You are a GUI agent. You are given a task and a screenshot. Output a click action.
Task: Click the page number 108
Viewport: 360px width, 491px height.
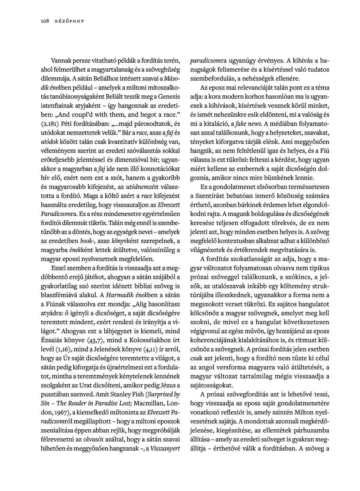pyautogui.click(x=45, y=21)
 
